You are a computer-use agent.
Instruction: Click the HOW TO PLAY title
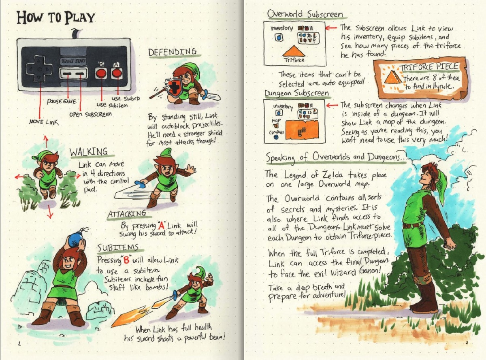(56, 17)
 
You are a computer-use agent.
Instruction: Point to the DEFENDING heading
(173, 52)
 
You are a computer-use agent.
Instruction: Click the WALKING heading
(89, 151)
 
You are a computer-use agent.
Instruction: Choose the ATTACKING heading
(127, 214)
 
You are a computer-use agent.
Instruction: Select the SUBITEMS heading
(118, 247)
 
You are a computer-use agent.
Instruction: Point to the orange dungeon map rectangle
(302, 129)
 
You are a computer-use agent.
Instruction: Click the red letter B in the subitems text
(126, 260)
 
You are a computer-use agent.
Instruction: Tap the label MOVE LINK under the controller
(44, 122)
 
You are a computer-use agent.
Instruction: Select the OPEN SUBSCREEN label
(90, 114)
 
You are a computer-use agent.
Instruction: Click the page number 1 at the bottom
(19, 343)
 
